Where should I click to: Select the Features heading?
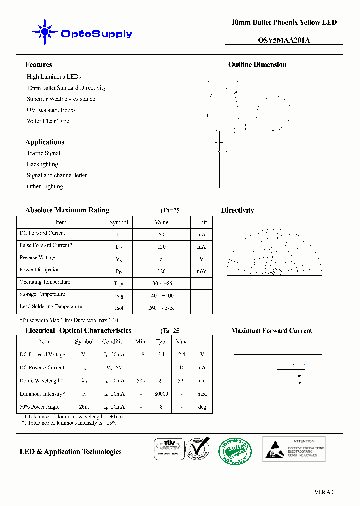pos(38,65)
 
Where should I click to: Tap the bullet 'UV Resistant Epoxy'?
pos(51,110)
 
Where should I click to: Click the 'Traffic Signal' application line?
pos(43,153)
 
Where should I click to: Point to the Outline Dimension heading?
pos(257,65)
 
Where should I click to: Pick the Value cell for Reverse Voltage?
pos(161,259)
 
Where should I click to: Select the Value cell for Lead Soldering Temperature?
pos(161,308)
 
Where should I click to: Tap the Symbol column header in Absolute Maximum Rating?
pos(118,222)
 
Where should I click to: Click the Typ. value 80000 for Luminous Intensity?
pos(161,394)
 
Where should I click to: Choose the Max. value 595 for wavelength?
pos(182,381)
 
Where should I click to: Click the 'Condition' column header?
pos(114,342)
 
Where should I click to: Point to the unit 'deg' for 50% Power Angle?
pos(202,407)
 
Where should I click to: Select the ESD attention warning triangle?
pos(273,449)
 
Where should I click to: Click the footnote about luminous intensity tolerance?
pos(69,423)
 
